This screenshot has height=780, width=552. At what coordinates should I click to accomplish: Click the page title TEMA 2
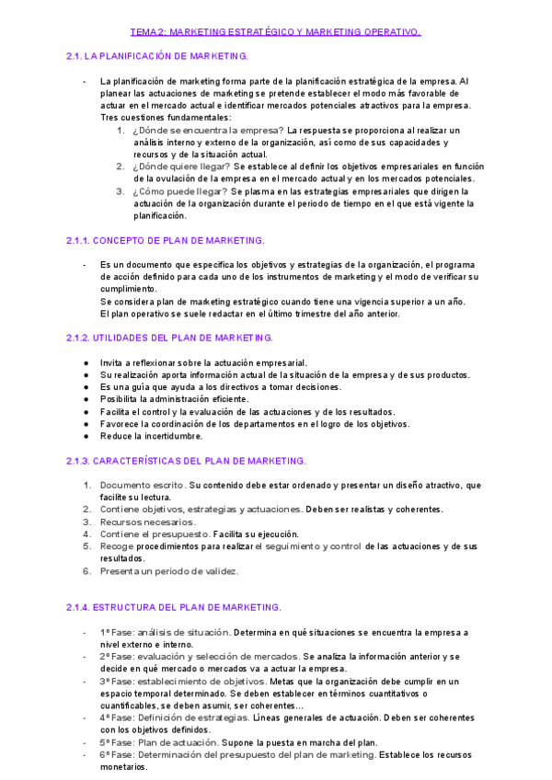point(275,32)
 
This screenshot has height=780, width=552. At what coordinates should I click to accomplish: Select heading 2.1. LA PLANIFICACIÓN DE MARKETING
point(157,57)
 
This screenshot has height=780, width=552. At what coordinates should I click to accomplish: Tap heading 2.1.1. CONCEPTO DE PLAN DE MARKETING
point(166,240)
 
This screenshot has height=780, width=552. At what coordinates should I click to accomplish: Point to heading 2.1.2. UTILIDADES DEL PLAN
point(169,338)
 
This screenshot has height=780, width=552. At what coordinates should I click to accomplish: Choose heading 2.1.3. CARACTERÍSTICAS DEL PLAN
point(186,460)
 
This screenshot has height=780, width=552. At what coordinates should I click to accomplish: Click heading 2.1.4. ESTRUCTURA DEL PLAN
point(174,608)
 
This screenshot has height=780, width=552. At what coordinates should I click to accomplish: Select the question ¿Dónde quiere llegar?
point(181,166)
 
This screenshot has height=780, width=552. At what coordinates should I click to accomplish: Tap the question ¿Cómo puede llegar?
point(179,191)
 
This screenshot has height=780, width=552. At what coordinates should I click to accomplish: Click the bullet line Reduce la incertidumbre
point(151,436)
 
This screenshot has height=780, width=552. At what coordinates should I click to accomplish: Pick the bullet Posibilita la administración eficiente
point(174,399)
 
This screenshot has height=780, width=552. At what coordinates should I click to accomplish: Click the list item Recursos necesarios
point(147,522)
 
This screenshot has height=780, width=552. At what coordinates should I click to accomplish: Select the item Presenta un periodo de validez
point(169,571)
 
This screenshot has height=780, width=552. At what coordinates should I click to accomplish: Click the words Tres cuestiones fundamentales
point(166,118)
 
